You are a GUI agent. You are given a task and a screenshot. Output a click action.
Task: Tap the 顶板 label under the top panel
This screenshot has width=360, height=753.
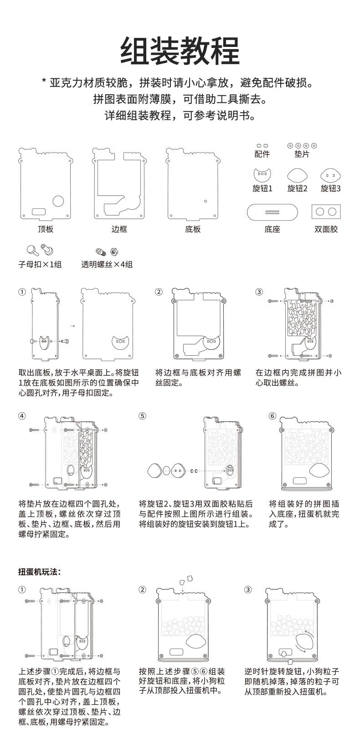[45, 229]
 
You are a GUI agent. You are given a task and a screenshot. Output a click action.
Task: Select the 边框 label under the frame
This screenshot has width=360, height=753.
[119, 229]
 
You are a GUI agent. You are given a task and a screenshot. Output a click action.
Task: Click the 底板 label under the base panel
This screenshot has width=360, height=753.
[193, 229]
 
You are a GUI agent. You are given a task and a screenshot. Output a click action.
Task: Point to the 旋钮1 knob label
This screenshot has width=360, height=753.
[262, 189]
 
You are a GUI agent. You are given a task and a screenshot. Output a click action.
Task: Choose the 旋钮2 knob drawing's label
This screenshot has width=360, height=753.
[297, 189]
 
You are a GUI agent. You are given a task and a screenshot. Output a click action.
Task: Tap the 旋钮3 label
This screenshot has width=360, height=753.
[331, 189]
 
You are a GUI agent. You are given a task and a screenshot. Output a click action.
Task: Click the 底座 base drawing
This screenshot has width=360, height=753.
[272, 212]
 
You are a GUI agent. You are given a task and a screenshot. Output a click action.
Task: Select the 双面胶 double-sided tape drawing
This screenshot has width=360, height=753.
[326, 211]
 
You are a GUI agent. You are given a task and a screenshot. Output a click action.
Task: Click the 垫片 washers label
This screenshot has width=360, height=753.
[302, 154]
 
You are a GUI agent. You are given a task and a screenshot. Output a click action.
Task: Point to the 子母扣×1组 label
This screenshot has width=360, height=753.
[40, 265]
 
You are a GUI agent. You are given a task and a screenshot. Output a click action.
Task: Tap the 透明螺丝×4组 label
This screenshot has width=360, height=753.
[107, 265]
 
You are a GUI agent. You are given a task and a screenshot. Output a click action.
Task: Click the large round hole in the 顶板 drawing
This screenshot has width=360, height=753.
[59, 201]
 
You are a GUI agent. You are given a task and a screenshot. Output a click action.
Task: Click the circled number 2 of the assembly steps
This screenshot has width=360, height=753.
[159, 292]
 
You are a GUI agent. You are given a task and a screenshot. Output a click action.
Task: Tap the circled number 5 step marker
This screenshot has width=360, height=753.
[142, 416]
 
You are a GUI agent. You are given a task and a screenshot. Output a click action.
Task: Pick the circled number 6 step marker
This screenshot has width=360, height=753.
[273, 416]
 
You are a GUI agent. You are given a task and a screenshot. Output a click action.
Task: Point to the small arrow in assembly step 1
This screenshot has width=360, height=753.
[72, 326]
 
